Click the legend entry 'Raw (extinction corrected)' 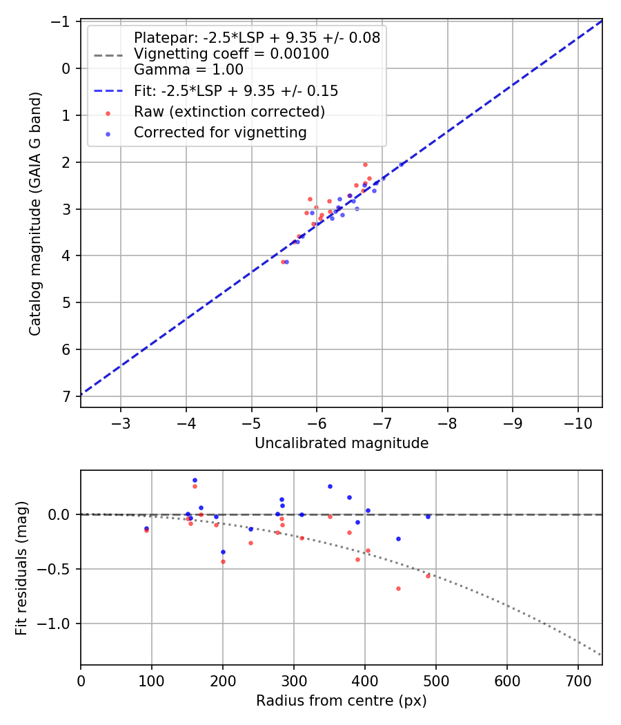[x=229, y=111]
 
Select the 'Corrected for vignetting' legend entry [x=220, y=132]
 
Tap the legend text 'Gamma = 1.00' [x=188, y=69]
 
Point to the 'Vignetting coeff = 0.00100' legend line [x=231, y=54]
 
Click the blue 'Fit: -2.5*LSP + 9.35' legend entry [x=235, y=90]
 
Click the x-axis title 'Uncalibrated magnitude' [x=342, y=443]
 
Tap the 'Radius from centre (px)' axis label [x=342, y=701]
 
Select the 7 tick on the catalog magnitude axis [x=67, y=396]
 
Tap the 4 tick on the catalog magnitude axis [x=67, y=255]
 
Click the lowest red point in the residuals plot [x=398, y=588]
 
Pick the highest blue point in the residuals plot [x=195, y=480]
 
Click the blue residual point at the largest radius [x=428, y=516]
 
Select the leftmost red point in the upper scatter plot [x=283, y=262]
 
